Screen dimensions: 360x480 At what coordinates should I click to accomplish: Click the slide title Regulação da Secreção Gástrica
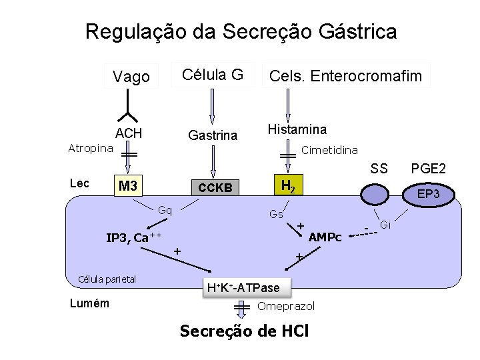(241, 31)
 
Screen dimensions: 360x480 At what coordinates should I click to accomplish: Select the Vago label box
(131, 77)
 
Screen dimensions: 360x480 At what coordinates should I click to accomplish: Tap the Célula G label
(213, 74)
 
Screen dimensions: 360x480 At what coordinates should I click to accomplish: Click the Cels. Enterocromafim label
(345, 76)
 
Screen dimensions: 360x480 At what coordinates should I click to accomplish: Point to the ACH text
(129, 133)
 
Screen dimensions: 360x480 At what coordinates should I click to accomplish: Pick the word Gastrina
(213, 135)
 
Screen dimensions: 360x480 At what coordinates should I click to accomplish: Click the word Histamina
(297, 129)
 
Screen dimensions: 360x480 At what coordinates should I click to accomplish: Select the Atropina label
(91, 148)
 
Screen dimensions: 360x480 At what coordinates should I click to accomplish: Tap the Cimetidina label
(329, 150)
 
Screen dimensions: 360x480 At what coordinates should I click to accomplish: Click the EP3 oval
(426, 195)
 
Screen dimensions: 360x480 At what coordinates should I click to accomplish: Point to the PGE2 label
(429, 169)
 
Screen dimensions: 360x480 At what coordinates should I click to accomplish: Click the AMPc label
(325, 237)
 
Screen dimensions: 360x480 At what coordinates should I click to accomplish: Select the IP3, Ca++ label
(135, 237)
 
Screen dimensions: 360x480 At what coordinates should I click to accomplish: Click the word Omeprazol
(286, 306)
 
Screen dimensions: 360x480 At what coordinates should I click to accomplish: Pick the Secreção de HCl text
(245, 331)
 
